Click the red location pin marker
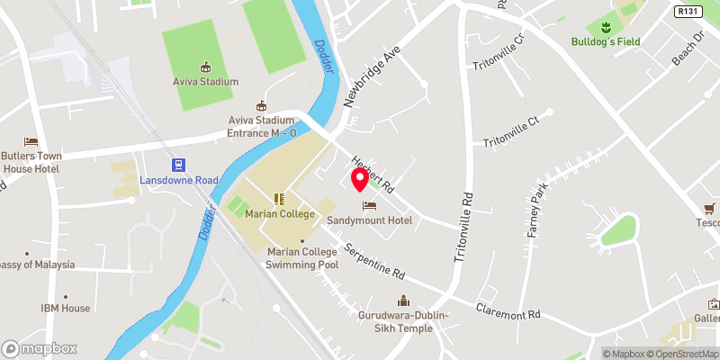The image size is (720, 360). (x=359, y=179)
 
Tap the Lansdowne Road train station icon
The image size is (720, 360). (x=178, y=164)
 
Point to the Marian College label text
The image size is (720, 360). (x=280, y=214)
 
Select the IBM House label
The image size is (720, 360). (x=65, y=308)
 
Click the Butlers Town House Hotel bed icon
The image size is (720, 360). (x=31, y=142)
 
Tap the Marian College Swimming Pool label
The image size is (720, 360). (x=302, y=258)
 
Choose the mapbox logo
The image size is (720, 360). (x=40, y=348)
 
